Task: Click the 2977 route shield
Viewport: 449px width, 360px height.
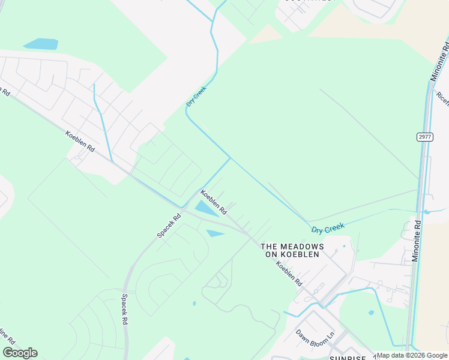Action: tap(424, 137)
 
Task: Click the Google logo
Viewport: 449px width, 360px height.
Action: tap(20, 353)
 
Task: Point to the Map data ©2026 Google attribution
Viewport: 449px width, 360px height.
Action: tap(412, 355)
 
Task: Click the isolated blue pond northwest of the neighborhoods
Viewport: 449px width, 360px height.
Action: tap(41, 44)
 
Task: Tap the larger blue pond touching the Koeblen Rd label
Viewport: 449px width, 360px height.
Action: tap(206, 209)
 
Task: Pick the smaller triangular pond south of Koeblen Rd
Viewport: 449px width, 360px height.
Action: tap(215, 233)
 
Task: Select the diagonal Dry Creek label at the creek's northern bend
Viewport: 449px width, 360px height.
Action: tap(196, 97)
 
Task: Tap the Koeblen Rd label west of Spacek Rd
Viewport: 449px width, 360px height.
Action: tap(80, 141)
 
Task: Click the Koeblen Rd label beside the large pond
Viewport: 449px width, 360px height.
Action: tap(213, 202)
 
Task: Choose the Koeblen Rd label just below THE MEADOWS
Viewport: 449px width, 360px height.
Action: tap(289, 274)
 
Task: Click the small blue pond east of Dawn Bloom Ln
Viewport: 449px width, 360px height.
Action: tap(371, 313)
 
